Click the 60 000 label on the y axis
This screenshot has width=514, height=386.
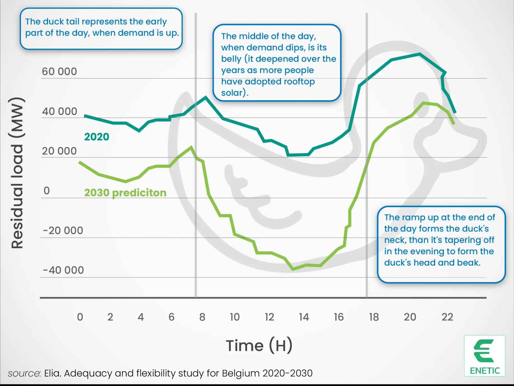[59, 72]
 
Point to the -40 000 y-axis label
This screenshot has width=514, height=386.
[63, 270]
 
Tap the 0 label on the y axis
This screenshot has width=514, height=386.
[47, 191]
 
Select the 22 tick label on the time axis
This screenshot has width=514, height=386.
[447, 317]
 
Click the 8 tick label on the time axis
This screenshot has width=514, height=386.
[202, 317]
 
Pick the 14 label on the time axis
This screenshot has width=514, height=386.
[304, 317]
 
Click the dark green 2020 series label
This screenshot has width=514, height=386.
[97, 137]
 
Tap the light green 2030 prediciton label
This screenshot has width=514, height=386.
[125, 193]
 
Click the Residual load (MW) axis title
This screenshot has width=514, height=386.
[17, 173]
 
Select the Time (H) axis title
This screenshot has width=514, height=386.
[259, 345]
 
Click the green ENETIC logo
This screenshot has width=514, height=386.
[485, 356]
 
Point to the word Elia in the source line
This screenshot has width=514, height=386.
[52, 373]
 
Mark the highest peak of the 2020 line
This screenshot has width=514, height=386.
[419, 54]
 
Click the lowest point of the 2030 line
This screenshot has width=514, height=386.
[293, 269]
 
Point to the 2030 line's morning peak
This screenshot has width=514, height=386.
[191, 147]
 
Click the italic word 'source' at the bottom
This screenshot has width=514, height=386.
[24, 373]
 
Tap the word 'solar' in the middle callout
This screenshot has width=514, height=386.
[233, 93]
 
